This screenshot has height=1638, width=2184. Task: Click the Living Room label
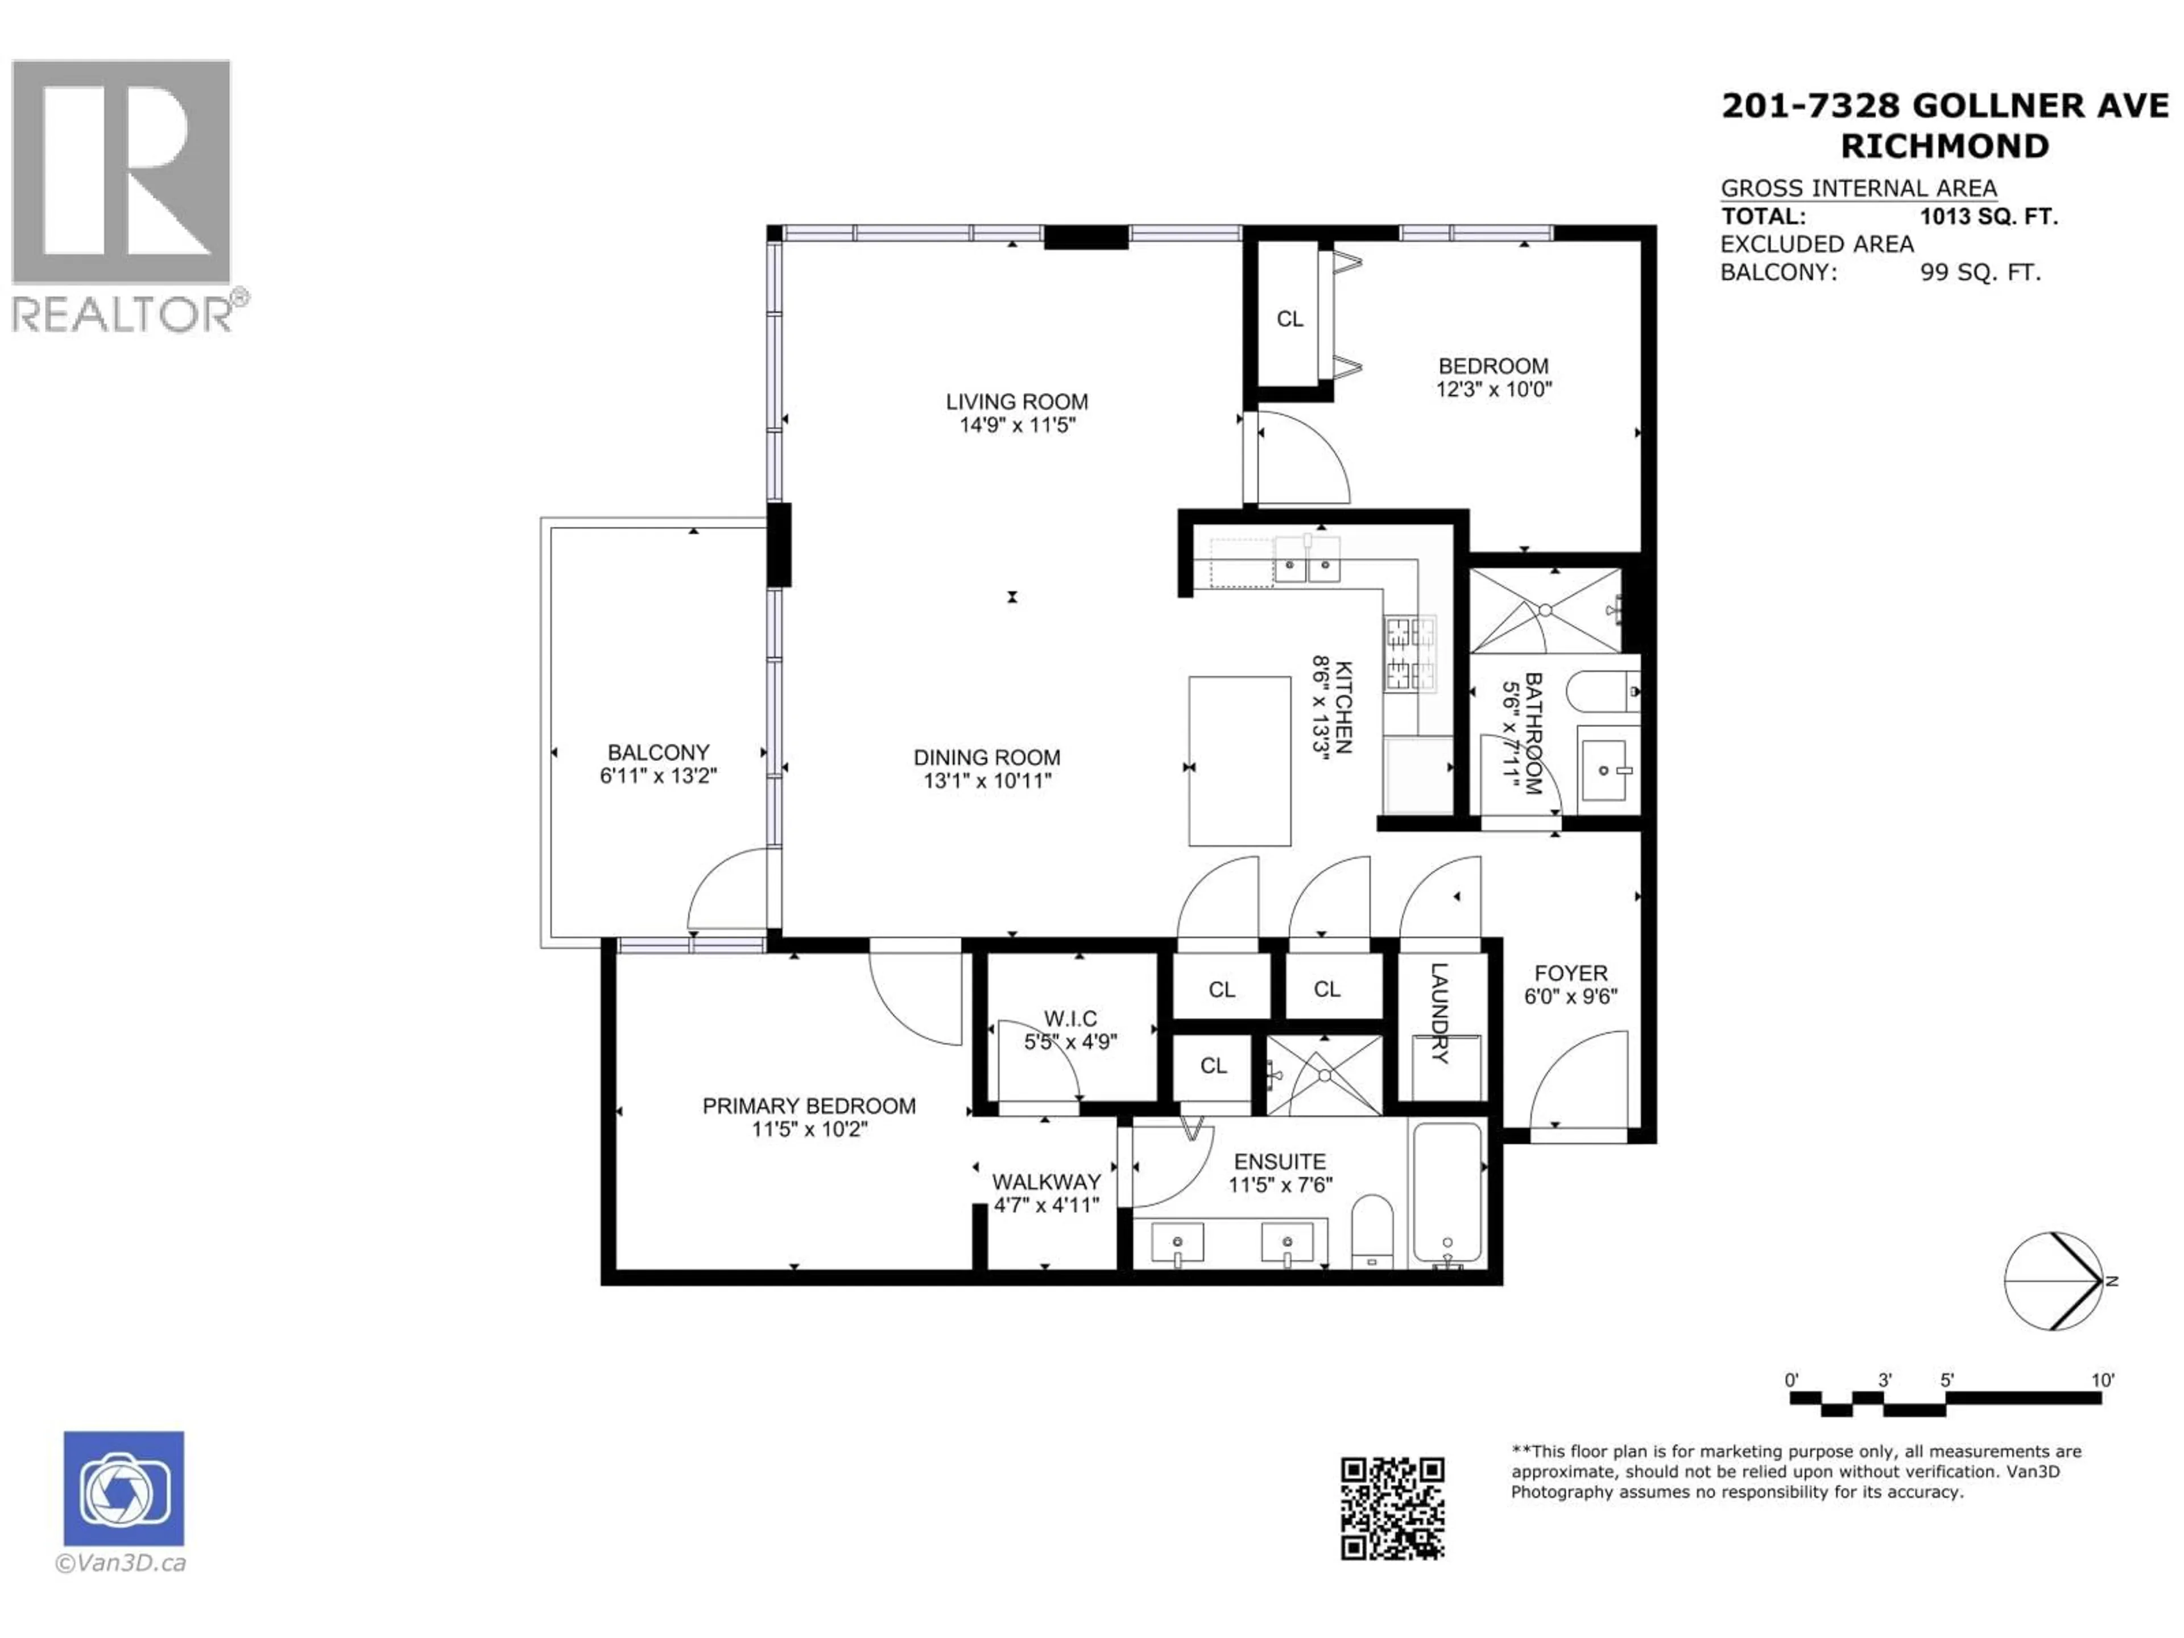1017,402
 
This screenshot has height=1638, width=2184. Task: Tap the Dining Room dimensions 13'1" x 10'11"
987,781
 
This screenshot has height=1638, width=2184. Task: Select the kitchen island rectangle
1239,760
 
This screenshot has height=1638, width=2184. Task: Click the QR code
1392,1508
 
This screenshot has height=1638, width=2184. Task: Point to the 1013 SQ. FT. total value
1988,216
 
